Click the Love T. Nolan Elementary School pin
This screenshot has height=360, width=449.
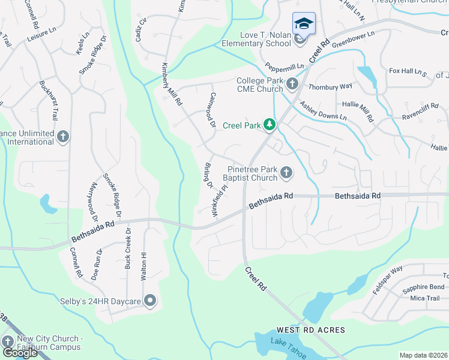coord(303,25)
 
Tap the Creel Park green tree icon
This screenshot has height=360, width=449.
coord(271,125)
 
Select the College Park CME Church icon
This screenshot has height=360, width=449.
coord(292,84)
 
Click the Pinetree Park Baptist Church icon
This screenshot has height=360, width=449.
coord(286,173)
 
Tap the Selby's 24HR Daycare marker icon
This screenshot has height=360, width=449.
coord(150,300)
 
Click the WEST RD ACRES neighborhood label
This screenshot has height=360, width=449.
coord(310,330)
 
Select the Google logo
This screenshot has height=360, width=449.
coord(20,353)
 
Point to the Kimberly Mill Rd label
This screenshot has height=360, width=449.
coord(170,85)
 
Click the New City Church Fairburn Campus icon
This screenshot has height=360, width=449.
coord(8,341)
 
